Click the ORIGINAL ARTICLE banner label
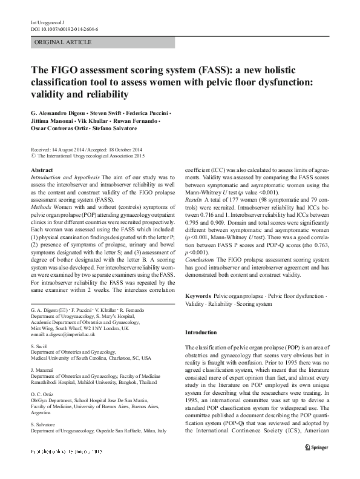coord(64,42)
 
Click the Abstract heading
coord(41,171)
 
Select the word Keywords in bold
coord(198,296)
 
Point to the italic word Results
coord(194,215)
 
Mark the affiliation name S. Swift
coord(40,346)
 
